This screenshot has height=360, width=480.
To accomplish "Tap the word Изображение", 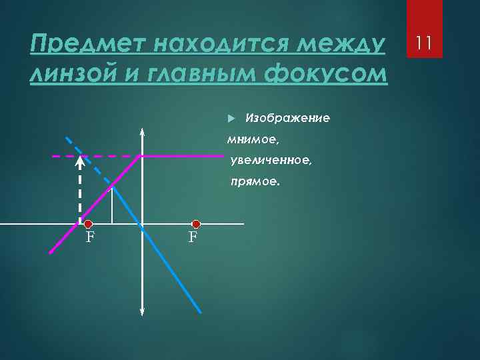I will click(287, 118).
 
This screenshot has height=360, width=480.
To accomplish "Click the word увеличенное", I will click(270, 160).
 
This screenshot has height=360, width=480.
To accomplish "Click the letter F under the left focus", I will click(89, 237).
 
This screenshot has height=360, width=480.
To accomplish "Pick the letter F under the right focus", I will click(193, 237).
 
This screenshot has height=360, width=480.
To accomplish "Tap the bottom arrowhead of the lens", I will click(142, 311).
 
